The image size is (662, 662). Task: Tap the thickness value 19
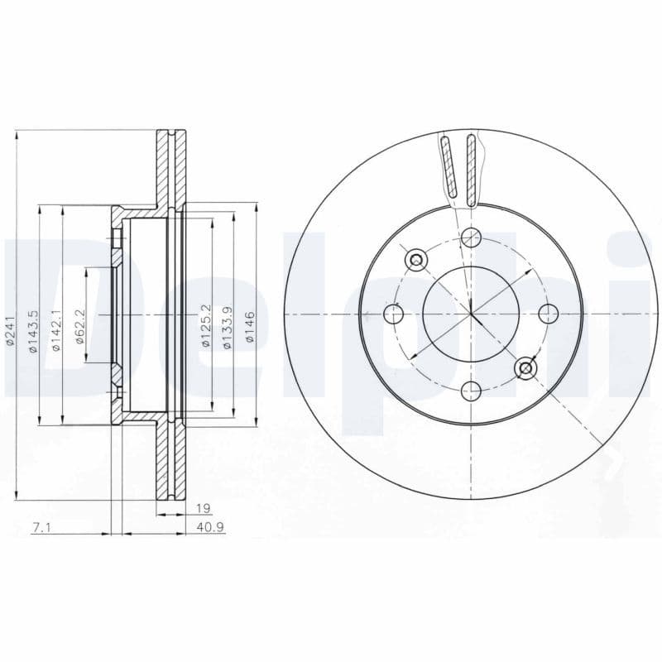point(200,507)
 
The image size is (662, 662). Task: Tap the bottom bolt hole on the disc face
point(471,391)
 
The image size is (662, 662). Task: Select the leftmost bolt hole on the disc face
point(395,314)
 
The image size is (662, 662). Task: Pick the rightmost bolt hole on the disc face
point(548,314)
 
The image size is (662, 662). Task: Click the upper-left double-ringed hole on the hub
point(416,260)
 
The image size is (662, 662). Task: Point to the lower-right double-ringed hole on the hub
point(525,368)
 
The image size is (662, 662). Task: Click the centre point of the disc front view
point(471,314)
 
